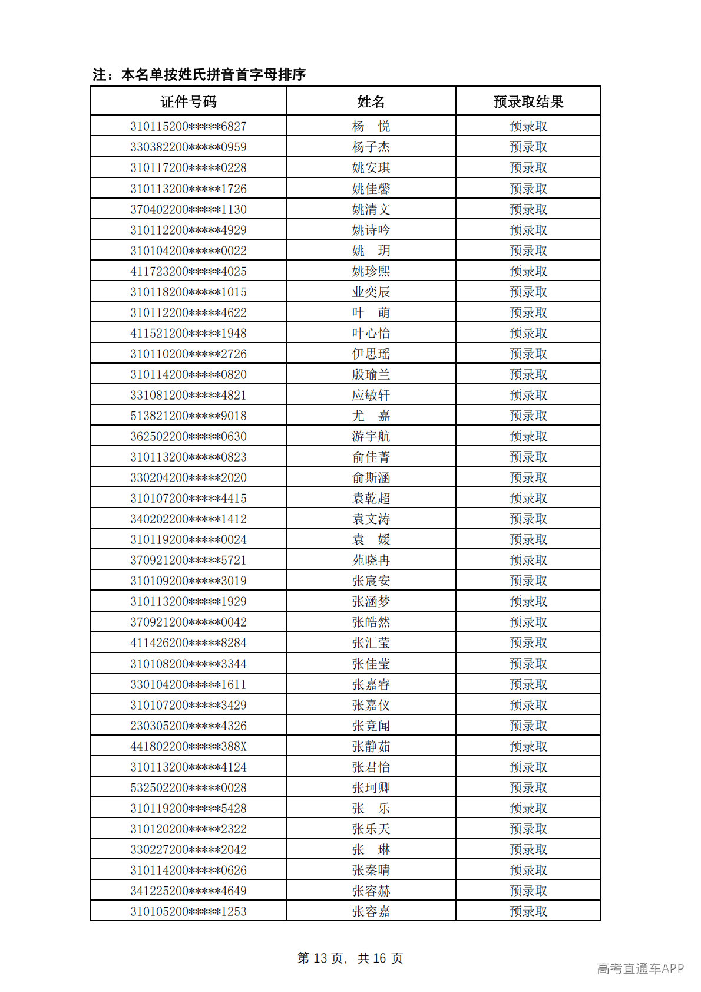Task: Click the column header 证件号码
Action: pos(189,102)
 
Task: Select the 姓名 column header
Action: pos(371,102)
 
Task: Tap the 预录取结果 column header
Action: pos(528,102)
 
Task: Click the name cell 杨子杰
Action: pos(371,147)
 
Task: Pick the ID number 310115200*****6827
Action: pos(189,126)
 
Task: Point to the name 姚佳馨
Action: pos(371,189)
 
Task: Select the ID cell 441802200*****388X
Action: pos(189,746)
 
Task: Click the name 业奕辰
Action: pos(371,292)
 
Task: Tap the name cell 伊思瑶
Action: pos(371,354)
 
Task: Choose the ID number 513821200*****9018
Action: pos(189,416)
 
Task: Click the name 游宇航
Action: pos(371,436)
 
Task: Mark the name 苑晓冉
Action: pos(371,560)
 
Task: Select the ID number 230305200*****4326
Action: pos(189,726)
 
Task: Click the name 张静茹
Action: pos(371,746)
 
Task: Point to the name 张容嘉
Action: pos(371,911)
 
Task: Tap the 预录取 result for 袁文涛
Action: pos(528,519)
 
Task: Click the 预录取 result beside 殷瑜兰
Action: pos(528,374)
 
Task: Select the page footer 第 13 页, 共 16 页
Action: pos(350,958)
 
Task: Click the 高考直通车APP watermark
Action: pos(640,968)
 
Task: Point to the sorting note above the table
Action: pos(199,74)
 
